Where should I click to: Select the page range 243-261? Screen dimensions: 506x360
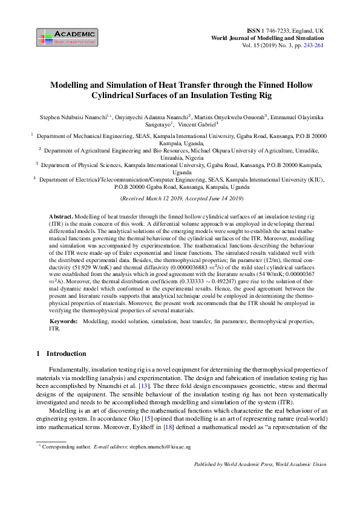point(312,45)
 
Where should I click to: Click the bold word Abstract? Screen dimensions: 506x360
point(61,216)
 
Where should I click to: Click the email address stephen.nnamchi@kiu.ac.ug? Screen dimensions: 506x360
point(159,447)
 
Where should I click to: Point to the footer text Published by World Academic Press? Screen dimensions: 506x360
point(239,464)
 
